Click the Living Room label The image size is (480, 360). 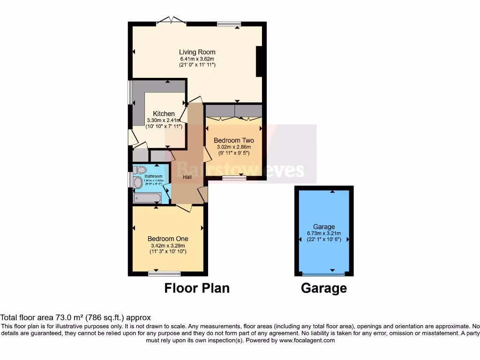tap(197, 52)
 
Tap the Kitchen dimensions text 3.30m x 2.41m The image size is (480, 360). tap(164, 120)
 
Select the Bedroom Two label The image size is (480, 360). tap(233, 140)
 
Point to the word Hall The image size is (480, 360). tap(187, 177)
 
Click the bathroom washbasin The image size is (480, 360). tap(138, 182)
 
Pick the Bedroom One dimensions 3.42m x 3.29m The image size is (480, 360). tap(168, 246)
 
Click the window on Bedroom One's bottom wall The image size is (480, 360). tap(164, 273)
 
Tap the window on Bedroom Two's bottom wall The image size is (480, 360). tap(233, 177)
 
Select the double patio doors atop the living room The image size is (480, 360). tap(171, 21)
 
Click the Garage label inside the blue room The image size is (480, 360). tap(324, 227)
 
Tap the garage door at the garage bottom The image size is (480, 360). tap(324, 274)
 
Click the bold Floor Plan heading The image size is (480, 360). tap(197, 288)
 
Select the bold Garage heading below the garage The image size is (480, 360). tap(324, 288)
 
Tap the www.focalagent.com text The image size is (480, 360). tap(307, 340)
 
